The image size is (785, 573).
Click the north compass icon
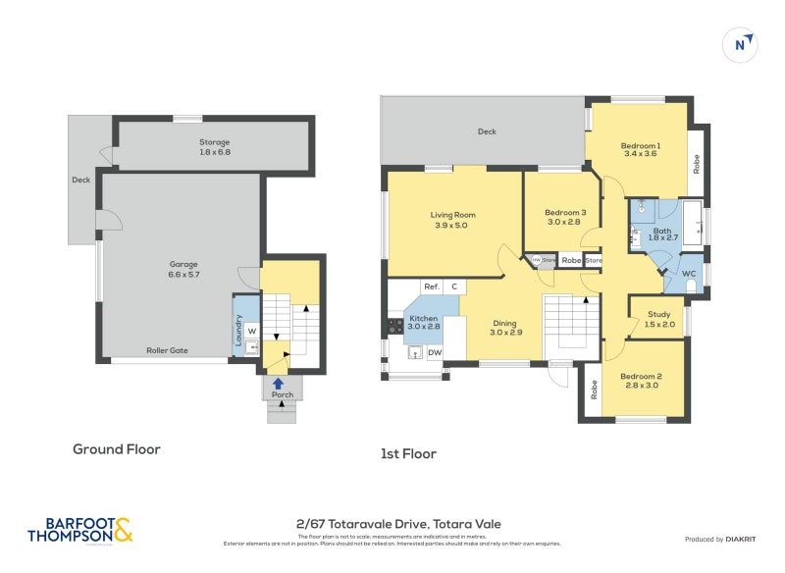tap(744, 43)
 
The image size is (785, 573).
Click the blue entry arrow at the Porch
tap(279, 384)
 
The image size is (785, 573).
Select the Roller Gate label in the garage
tap(168, 350)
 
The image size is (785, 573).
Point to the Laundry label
tap(238, 331)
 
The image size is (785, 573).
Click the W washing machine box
tap(251, 331)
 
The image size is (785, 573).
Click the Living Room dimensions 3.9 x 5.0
tap(452, 226)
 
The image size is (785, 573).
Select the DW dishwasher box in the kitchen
tap(434, 352)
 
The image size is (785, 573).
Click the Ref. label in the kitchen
tap(431, 286)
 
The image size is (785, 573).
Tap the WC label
tap(689, 273)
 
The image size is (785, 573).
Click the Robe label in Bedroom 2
tap(593, 390)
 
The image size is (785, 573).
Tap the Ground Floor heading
tap(116, 449)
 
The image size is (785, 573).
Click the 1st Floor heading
tap(408, 453)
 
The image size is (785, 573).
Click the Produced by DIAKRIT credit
tap(725, 539)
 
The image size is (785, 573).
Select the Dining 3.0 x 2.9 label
tap(506, 328)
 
